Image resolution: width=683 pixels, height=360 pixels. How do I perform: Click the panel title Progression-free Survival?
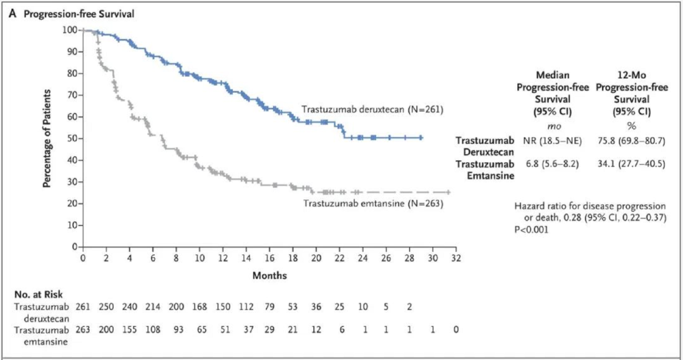point(79,15)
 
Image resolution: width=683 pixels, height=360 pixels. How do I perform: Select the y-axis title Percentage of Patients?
point(47,138)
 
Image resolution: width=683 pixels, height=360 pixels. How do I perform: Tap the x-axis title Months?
point(270,275)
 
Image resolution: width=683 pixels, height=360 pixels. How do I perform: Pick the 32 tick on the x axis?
point(455,258)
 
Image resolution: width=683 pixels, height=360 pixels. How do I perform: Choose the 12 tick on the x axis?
point(223,258)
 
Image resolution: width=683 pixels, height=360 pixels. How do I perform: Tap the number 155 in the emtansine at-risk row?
point(130,330)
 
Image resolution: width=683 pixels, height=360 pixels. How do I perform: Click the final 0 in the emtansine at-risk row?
point(455,330)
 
